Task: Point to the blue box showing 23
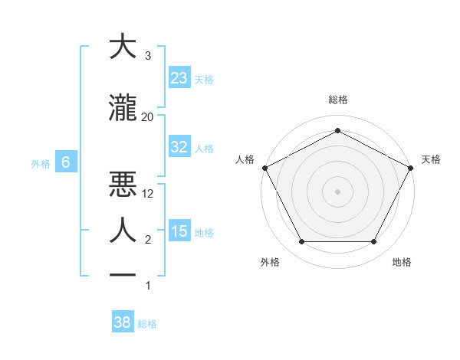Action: coord(179,78)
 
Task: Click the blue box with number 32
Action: coord(179,148)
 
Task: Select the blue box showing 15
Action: coord(179,232)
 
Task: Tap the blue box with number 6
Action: coord(66,162)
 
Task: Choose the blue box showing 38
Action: coord(122,323)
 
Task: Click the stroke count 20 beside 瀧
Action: coord(147,116)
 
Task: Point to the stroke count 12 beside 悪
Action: coord(148,193)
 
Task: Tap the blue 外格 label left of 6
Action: coord(41,163)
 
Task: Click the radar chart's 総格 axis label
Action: coord(337,100)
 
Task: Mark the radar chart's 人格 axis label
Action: coord(245,159)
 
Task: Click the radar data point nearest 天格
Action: coord(412,167)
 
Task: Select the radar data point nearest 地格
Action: coord(373,242)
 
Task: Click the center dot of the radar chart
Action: coord(337,191)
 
